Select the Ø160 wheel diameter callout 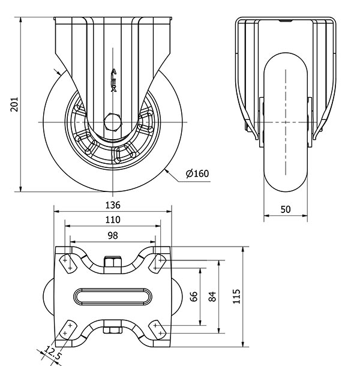click(x=197, y=174)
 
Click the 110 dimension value click(x=113, y=220)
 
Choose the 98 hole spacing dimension click(x=113, y=235)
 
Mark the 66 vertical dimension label click(x=193, y=297)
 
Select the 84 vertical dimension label click(x=212, y=297)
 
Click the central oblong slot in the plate click(x=113, y=296)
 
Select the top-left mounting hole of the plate click(x=66, y=261)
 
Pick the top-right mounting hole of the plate click(x=159, y=261)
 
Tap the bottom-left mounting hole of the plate click(x=66, y=329)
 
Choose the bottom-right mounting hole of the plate click(x=159, y=329)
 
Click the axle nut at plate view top click(x=113, y=263)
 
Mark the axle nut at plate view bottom click(x=113, y=329)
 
